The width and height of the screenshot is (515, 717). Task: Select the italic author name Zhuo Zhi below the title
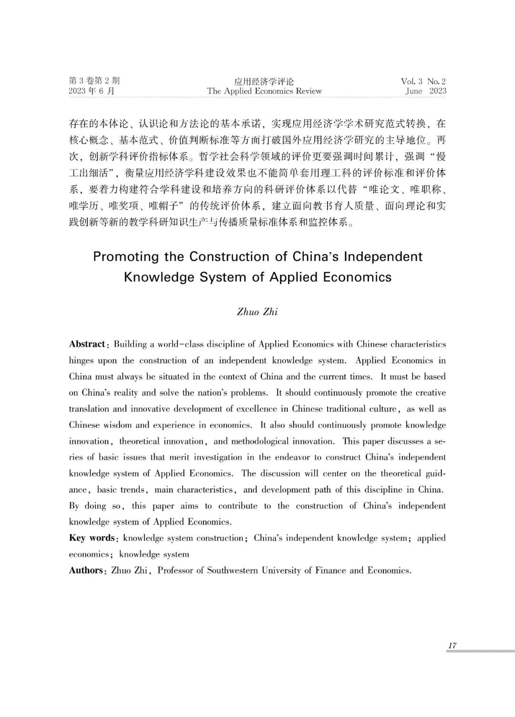click(257, 312)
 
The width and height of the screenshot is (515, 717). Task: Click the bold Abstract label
click(87, 344)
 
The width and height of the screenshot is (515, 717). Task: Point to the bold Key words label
click(92, 538)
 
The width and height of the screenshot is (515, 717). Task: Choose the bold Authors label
click(86, 571)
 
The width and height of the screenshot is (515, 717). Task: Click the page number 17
click(452, 645)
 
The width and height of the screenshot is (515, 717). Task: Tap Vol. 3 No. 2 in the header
click(423, 82)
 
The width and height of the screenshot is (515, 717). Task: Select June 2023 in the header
click(426, 91)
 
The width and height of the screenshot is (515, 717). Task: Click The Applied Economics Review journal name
click(264, 91)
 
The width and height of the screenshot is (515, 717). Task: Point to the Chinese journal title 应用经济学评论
click(264, 82)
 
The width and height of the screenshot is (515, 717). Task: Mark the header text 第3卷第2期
click(94, 81)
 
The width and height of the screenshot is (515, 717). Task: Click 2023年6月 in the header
click(92, 91)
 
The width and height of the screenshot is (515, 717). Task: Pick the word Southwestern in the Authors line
click(232, 571)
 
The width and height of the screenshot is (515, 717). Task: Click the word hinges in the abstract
click(82, 361)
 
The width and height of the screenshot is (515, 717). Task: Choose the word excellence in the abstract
click(254, 409)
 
